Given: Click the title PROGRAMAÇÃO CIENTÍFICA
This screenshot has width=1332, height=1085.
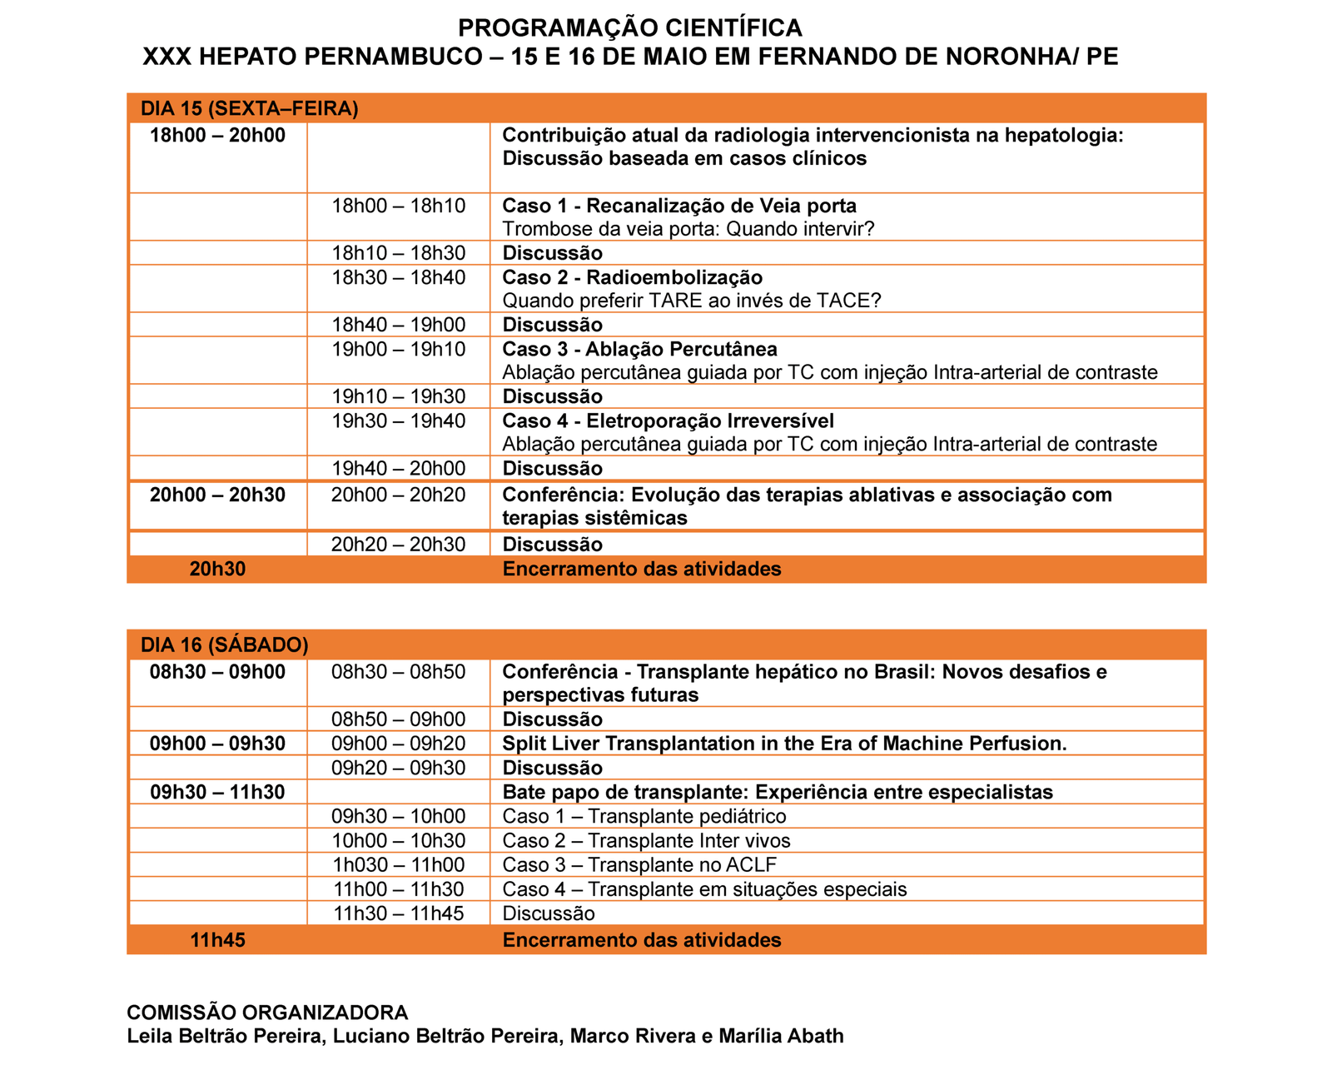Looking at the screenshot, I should (x=630, y=28).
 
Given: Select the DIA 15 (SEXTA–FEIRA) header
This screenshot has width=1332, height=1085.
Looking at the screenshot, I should (x=250, y=109).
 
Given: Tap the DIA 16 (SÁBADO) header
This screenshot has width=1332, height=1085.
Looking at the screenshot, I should (x=225, y=645).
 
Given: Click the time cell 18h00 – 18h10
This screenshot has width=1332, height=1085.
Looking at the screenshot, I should (x=399, y=206).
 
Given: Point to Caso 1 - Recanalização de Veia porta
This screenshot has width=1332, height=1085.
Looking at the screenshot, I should (x=679, y=206).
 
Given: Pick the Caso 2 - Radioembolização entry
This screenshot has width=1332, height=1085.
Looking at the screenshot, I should (x=633, y=277).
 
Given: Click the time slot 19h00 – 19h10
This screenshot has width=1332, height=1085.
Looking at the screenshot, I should (x=399, y=349).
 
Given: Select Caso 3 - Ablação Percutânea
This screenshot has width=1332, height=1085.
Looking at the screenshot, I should (x=639, y=349).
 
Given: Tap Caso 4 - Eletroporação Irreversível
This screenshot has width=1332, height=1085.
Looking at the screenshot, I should (x=668, y=421).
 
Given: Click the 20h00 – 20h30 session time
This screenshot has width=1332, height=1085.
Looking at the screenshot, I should (x=217, y=495).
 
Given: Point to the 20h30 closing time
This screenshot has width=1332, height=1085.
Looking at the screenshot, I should (x=217, y=570).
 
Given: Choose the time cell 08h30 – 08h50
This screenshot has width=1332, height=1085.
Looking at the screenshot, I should (x=399, y=672).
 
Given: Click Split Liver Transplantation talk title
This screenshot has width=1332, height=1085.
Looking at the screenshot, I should (x=784, y=744).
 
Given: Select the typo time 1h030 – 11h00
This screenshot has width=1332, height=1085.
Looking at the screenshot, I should (x=399, y=865).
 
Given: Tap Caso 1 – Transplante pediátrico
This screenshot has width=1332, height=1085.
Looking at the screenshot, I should (x=644, y=817).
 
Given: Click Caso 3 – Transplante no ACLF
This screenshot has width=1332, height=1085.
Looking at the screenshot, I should (x=639, y=865).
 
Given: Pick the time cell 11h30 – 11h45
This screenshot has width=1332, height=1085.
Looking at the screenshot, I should (x=399, y=913).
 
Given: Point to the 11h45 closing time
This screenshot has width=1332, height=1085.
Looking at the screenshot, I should (x=217, y=941).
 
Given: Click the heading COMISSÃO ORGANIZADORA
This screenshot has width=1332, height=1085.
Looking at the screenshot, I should (x=267, y=1013).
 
